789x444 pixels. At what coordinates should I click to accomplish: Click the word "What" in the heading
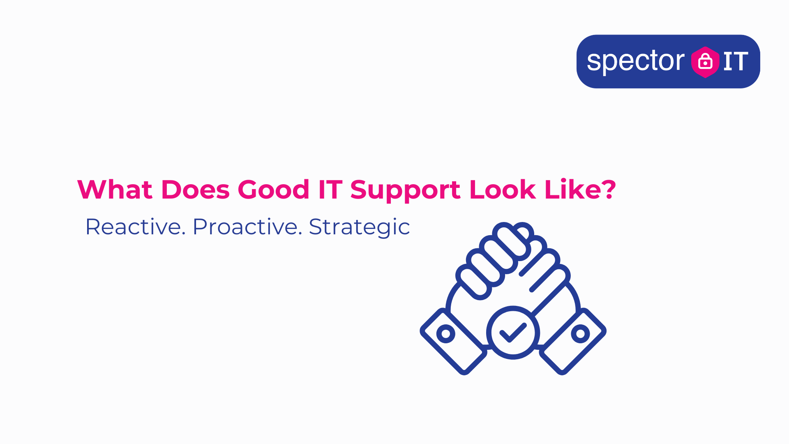tap(115, 190)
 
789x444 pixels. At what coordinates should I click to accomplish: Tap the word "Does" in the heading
tap(195, 190)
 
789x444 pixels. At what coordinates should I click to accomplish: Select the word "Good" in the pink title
tap(273, 190)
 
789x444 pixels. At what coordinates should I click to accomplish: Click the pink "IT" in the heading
tap(330, 190)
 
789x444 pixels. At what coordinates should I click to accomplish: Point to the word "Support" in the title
tap(405, 192)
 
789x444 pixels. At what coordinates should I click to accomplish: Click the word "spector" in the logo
tap(636, 62)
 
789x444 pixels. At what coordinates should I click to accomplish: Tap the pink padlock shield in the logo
tap(705, 62)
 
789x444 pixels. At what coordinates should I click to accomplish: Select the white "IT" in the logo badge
tap(736, 62)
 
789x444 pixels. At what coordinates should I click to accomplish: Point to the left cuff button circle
tap(446, 333)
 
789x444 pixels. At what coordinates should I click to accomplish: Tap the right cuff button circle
tap(580, 333)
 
